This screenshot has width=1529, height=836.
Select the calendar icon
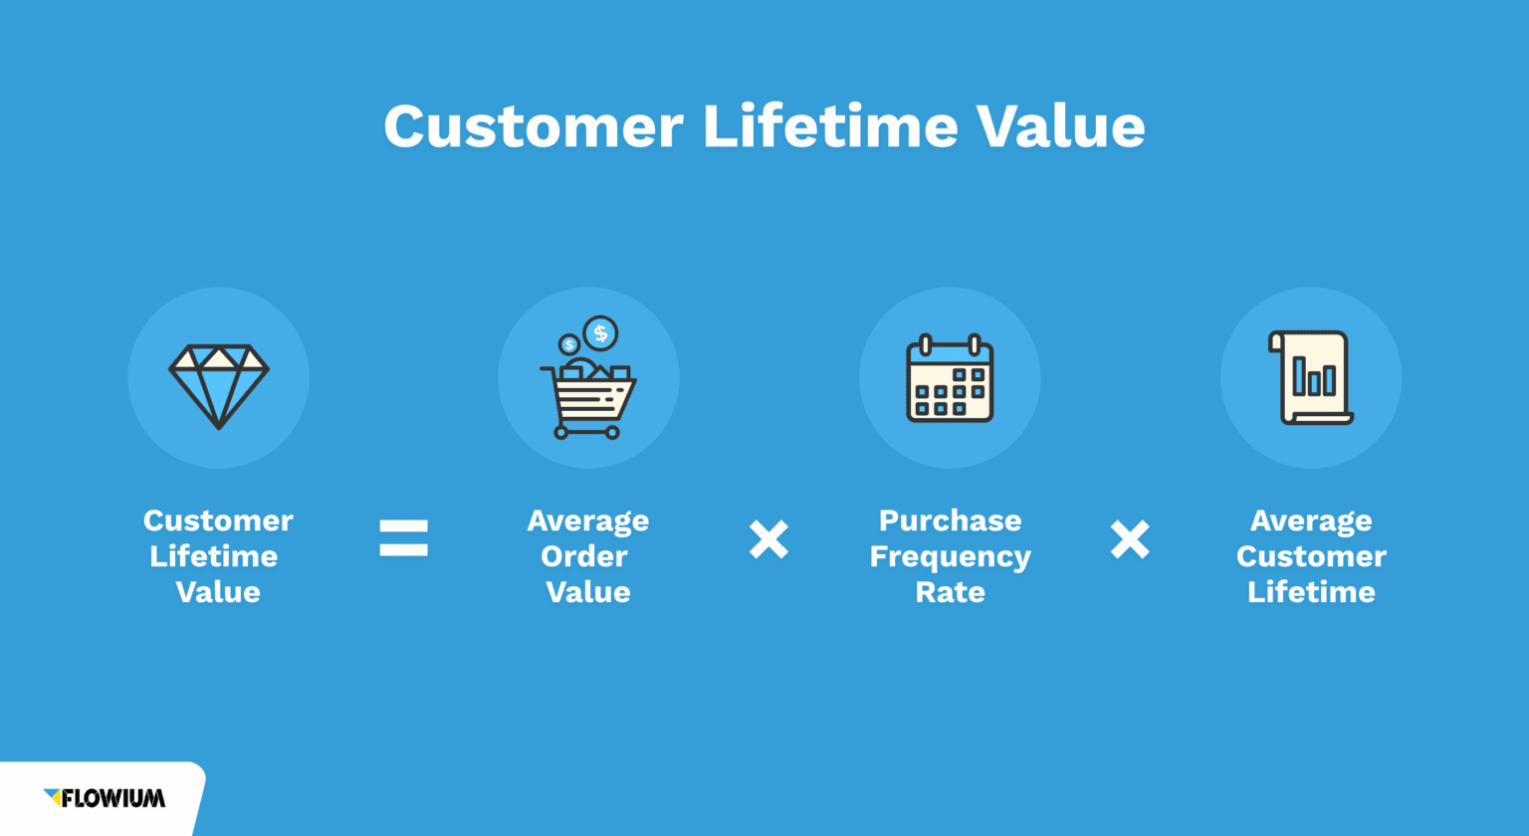[950, 379]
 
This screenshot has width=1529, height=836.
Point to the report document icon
[1311, 378]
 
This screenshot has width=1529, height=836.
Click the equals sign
[404, 538]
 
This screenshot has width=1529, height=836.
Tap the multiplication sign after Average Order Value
[768, 539]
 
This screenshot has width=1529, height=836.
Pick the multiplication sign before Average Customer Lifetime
[1130, 539]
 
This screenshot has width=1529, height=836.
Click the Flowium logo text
[113, 798]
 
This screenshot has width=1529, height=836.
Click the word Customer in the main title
[533, 126]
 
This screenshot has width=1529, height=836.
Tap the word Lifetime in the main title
[830, 126]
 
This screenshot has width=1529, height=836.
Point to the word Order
[584, 556]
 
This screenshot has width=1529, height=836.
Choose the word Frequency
[950, 556]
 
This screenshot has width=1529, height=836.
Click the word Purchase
[950, 521]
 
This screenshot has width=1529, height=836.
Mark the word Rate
[950, 592]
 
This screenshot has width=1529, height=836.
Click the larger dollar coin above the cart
[600, 333]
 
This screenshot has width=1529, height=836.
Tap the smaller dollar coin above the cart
[569, 344]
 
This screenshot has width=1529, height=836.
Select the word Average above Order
[588, 521]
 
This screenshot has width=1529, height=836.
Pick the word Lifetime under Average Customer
[1311, 592]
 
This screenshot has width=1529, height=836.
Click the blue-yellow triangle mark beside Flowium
[53, 796]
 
